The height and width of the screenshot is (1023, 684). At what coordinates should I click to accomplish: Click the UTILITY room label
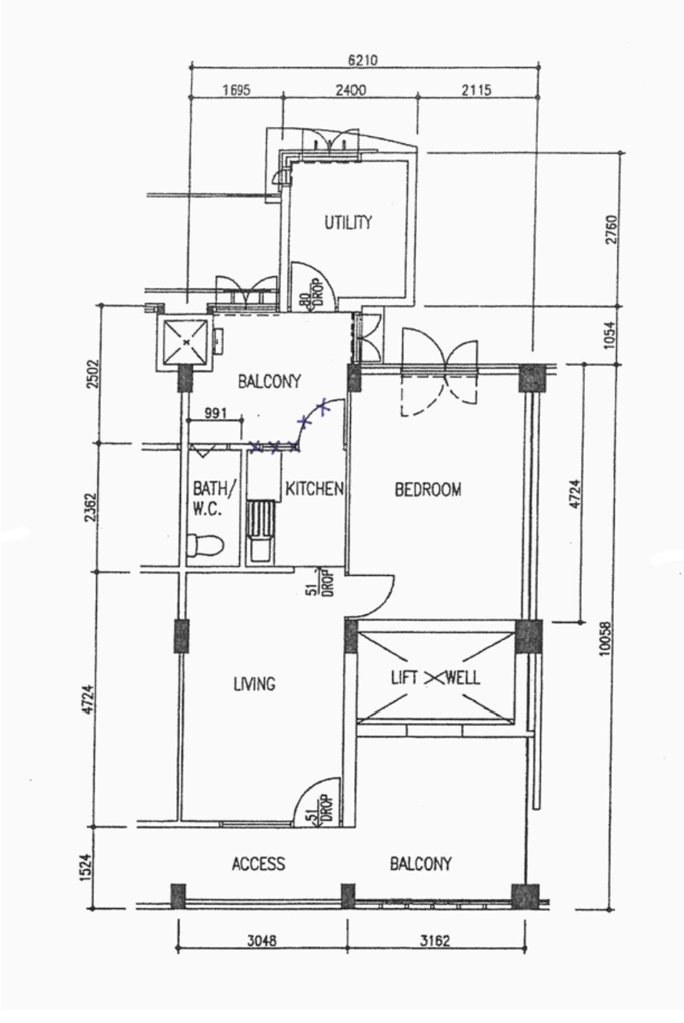[348, 222]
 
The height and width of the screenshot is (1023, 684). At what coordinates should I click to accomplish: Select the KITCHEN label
[314, 489]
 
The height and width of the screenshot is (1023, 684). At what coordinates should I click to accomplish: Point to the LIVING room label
[255, 684]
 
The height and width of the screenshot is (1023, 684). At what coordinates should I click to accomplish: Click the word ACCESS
[259, 864]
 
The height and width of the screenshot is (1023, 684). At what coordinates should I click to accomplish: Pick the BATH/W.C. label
[214, 498]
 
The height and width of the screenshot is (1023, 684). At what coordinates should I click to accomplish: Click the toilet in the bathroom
[205, 545]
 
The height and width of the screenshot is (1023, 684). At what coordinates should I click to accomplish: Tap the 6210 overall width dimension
[363, 60]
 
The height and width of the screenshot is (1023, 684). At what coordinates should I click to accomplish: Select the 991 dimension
[215, 413]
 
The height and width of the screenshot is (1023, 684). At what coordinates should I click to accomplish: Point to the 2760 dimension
[612, 229]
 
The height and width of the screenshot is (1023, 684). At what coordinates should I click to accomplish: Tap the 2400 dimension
[351, 90]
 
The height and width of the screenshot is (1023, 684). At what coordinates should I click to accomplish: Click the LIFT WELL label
[435, 677]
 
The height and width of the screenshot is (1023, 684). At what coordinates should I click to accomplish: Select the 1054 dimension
[610, 336]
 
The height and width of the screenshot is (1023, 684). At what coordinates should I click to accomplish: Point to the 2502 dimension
[93, 373]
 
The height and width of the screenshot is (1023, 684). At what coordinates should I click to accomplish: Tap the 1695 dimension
[236, 90]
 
